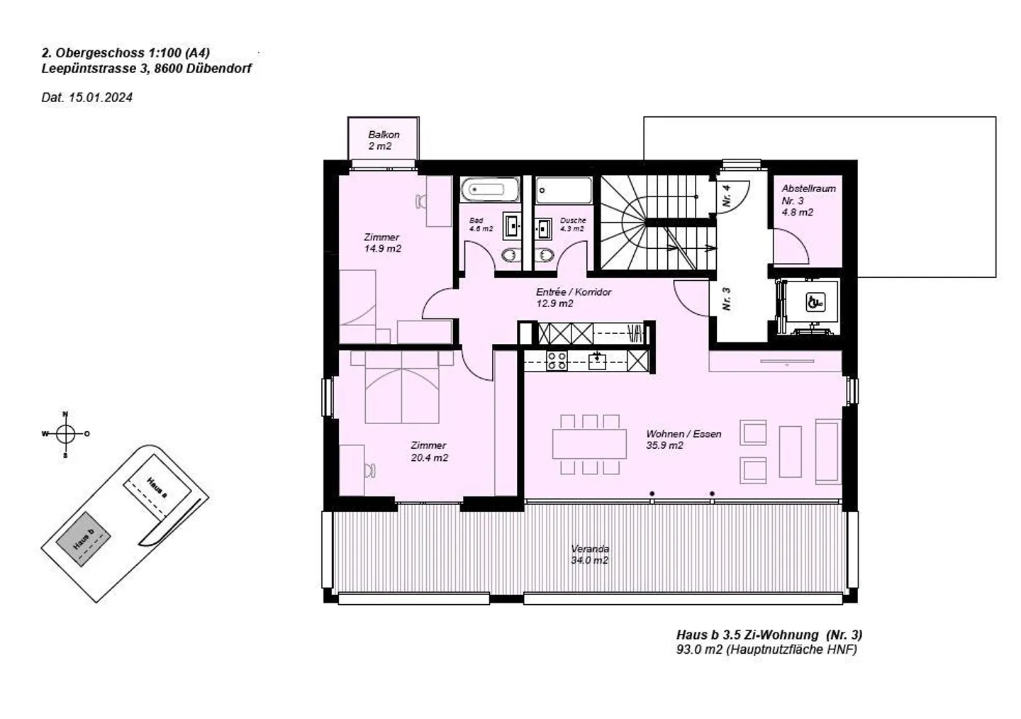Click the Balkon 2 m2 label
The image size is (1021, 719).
point(384,140)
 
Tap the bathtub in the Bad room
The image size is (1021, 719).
point(490,190)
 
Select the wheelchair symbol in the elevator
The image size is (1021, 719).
point(815,303)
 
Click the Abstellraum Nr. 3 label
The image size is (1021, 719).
point(808,200)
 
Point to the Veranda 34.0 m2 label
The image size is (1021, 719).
point(590,554)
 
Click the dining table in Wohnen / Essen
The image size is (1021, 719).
point(590,444)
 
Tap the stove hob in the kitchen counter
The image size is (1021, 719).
point(557,361)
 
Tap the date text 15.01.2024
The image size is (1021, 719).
point(100,98)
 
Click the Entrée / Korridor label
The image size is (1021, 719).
point(574,297)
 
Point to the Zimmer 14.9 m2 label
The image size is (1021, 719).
point(382,243)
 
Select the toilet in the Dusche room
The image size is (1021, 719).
point(545,255)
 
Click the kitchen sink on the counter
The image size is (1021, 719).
point(598,361)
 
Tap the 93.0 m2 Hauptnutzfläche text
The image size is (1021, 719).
point(766,649)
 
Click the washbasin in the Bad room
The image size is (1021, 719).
point(511,226)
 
